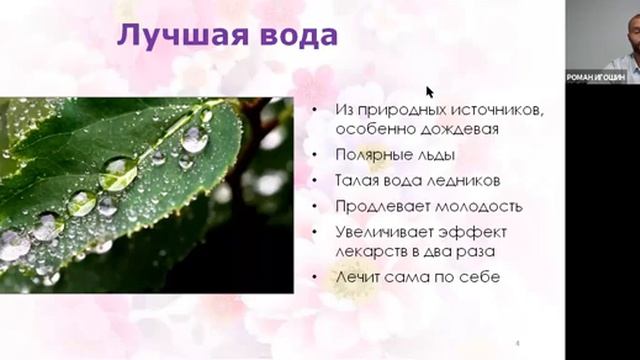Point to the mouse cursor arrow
click(431, 92)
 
